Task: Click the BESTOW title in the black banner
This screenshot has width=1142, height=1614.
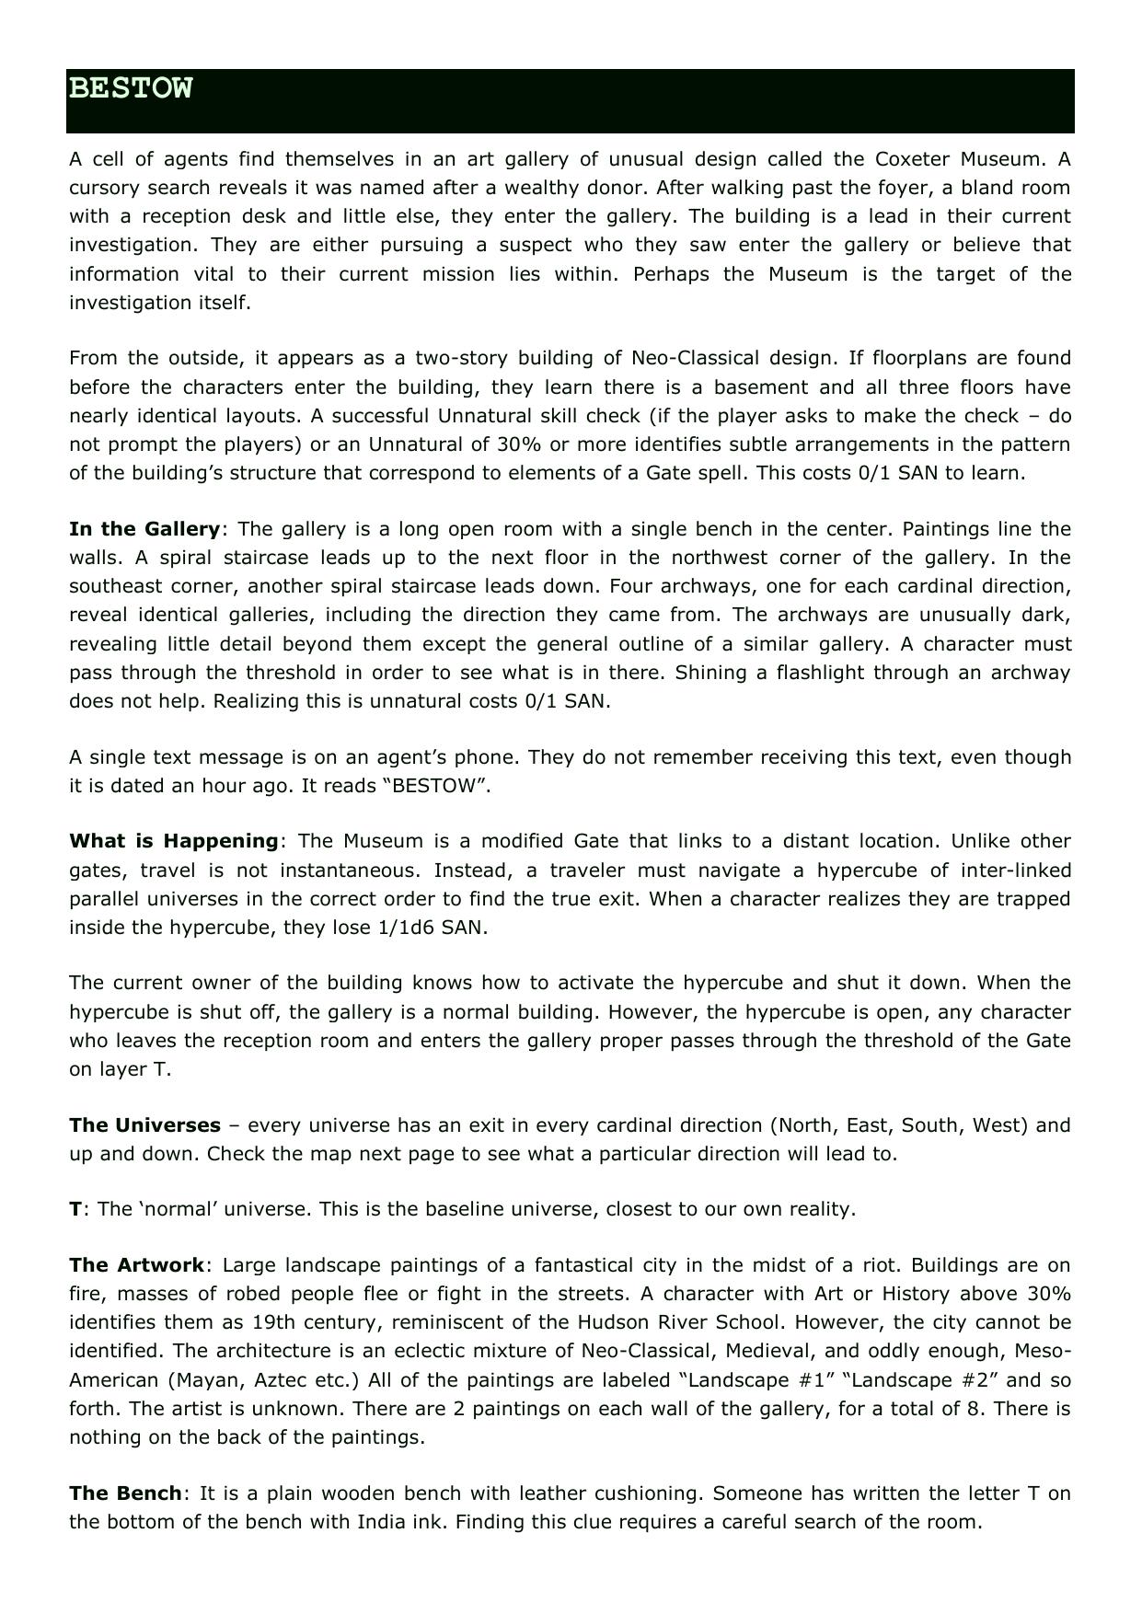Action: point(131,88)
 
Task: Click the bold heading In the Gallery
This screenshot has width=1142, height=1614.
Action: point(144,529)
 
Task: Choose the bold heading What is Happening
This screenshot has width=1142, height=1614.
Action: point(174,841)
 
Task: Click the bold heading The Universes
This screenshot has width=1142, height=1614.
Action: point(144,1125)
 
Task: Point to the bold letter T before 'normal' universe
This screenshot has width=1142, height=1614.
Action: point(75,1209)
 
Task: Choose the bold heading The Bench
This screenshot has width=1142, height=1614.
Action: point(126,1493)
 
